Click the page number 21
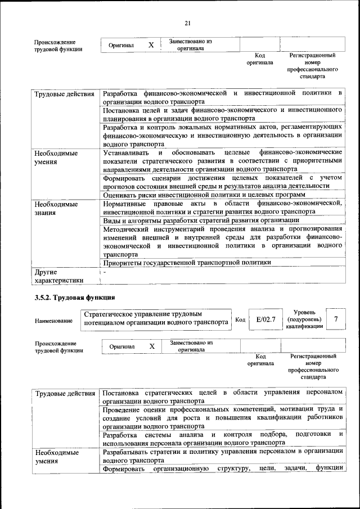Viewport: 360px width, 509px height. tap(188, 22)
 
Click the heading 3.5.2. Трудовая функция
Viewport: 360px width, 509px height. tap(75, 297)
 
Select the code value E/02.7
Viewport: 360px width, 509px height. tap(265, 319)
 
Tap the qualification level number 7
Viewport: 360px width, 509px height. tap(336, 319)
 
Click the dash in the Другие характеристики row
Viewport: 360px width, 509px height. tap(104, 272)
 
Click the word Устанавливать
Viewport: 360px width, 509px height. tap(126, 152)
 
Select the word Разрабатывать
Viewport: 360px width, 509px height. tap(130, 452)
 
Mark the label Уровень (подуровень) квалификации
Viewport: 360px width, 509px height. tap(304, 319)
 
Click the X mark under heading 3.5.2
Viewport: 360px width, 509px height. tap(152, 346)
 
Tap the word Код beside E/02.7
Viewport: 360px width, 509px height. tap(240, 319)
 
